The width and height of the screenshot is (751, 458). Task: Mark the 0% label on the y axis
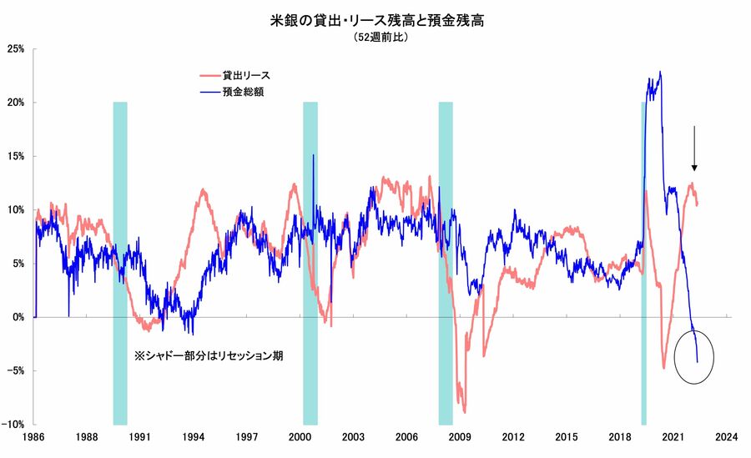pos(18,317)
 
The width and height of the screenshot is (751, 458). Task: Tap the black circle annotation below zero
pos(694,356)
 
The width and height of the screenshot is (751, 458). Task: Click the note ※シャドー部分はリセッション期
pos(209,355)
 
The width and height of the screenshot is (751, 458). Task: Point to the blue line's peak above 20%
pos(660,73)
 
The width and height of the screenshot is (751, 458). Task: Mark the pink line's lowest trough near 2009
pos(464,411)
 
